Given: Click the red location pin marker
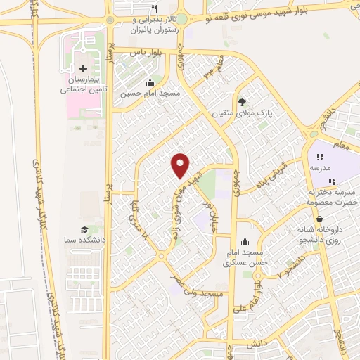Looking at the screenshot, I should (181, 165).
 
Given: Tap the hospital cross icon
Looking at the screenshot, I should (84, 68).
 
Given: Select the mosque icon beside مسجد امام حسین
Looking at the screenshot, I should (149, 82).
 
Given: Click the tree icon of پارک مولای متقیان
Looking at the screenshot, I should (243, 101).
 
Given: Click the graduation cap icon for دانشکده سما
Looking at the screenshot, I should (84, 229).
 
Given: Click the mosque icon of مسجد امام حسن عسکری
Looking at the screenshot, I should (243, 241).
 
